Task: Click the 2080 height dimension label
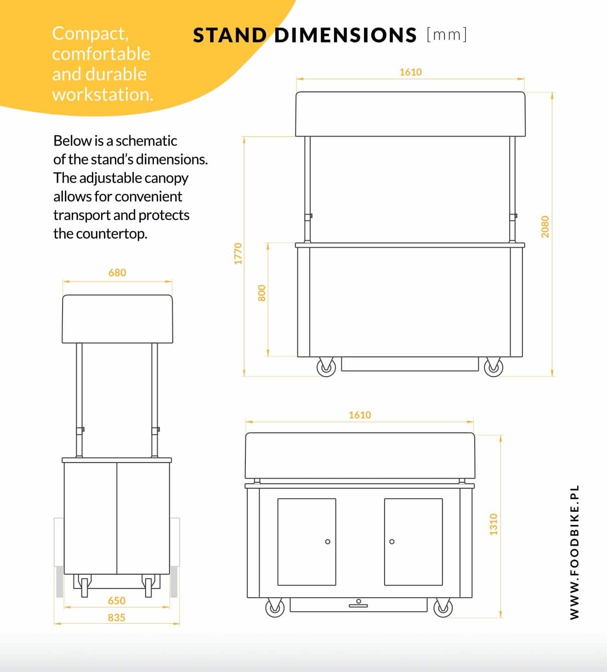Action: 545,226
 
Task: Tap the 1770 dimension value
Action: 238,254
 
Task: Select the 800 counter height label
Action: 261,293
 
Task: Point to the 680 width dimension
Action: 117,273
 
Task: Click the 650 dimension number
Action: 117,601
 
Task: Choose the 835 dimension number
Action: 117,617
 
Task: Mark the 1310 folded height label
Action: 494,524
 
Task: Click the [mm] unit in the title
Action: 447,34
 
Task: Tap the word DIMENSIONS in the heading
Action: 346,35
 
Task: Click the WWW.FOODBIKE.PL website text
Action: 574,552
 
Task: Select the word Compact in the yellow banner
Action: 90,34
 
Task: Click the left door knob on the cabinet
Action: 328,542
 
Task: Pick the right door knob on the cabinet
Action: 392,542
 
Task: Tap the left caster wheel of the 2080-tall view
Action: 326,367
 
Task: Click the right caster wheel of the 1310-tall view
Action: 443,607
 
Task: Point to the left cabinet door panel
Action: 306,542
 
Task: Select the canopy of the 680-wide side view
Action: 117,319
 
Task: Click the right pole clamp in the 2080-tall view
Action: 513,217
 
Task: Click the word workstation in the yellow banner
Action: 103,95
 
